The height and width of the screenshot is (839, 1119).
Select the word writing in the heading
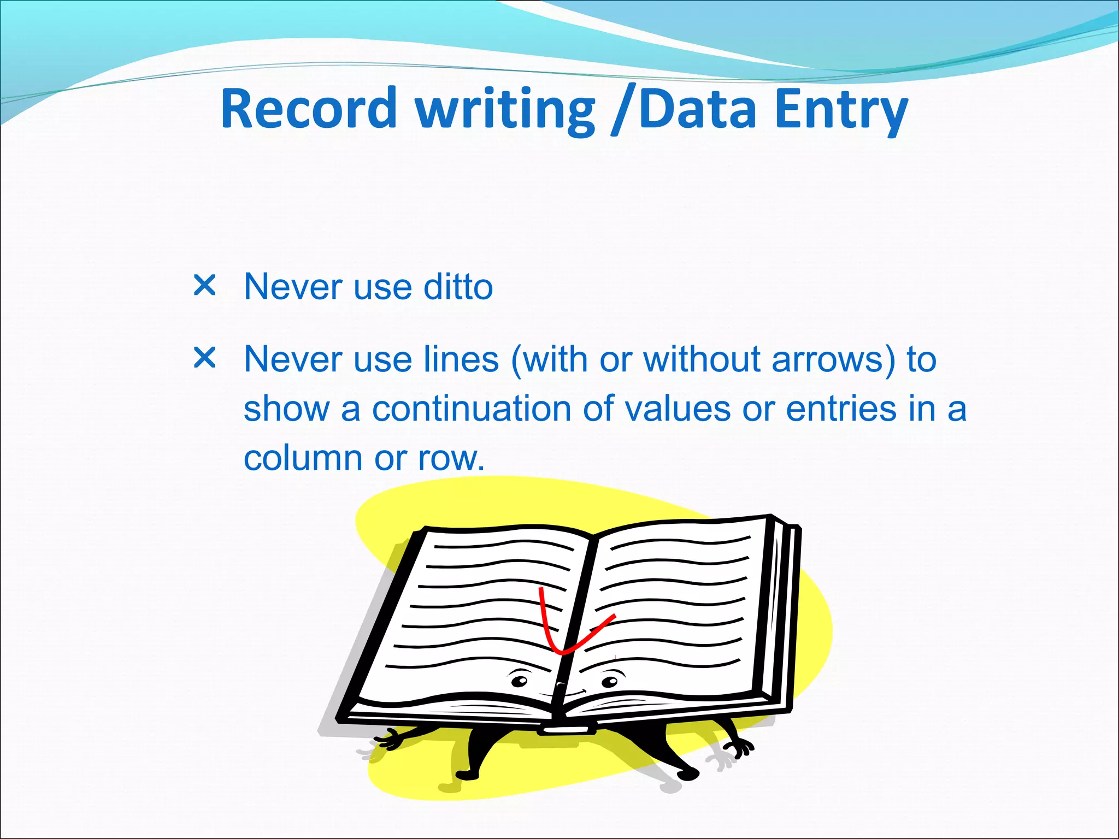(x=505, y=109)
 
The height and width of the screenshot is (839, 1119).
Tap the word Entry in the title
(x=841, y=109)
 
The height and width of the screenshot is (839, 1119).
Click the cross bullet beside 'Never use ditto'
(x=205, y=285)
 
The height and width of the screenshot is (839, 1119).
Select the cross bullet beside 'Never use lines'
(x=205, y=358)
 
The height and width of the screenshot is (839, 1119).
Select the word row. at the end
(x=451, y=459)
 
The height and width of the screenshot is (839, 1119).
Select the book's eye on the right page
(x=610, y=681)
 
